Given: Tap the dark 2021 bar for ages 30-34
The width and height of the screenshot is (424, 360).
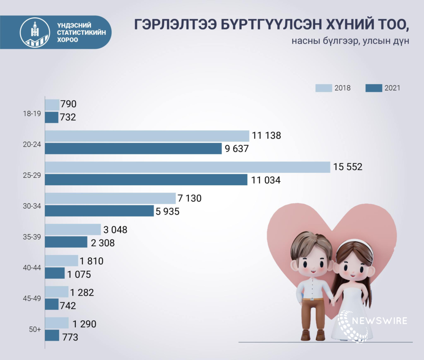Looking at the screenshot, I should click(99, 211).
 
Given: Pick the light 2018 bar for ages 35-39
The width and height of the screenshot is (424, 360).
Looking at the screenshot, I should click(73, 230).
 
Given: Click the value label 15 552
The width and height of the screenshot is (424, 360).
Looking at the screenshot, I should click(348, 167).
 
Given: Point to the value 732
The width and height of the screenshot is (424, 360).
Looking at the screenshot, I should click(68, 117).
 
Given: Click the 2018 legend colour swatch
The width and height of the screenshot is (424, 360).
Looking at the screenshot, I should click(323, 88).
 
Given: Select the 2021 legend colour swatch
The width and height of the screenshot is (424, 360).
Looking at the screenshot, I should click(374, 88).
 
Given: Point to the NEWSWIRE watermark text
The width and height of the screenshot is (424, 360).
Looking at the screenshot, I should click(379, 321).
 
